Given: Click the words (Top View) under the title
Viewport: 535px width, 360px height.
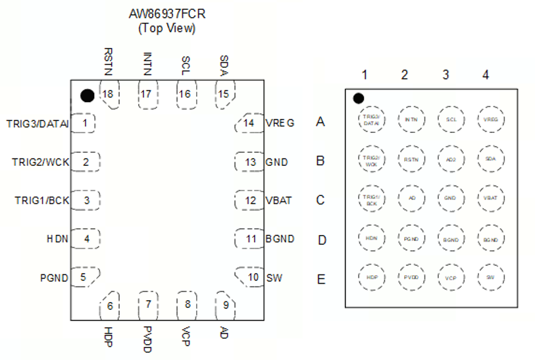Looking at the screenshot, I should (x=166, y=28).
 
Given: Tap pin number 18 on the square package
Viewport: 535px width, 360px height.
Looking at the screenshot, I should (x=108, y=94).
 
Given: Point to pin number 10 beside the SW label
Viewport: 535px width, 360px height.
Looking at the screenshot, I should (x=253, y=278).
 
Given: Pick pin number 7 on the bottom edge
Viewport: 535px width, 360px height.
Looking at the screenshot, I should (x=149, y=304).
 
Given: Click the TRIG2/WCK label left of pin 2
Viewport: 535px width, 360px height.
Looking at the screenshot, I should (x=40, y=162).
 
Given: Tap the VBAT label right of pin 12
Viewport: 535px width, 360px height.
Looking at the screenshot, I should (x=279, y=201).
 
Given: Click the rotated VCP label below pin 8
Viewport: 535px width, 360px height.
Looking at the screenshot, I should (x=187, y=334).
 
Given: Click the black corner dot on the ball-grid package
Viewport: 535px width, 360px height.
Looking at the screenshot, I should (x=358, y=99).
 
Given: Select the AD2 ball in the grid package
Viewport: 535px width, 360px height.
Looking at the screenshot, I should (x=451, y=159).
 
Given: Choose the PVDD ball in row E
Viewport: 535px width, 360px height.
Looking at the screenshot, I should (x=411, y=277).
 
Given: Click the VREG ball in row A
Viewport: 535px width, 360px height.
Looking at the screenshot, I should (x=490, y=119).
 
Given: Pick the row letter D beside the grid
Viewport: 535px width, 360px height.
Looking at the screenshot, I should (x=322, y=240).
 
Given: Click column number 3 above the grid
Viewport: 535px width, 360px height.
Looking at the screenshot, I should (x=446, y=75).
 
